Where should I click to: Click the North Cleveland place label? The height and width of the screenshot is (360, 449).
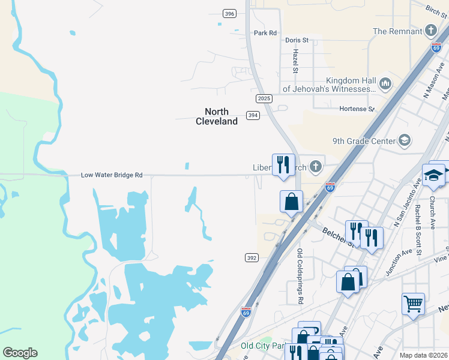pyautogui.click(x=217, y=116)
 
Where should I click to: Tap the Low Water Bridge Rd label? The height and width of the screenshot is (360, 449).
pyautogui.click(x=112, y=175)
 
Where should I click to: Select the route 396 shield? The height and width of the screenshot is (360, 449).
pyautogui.click(x=229, y=13)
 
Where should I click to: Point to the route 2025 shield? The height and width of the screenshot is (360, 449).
pyautogui.click(x=264, y=98)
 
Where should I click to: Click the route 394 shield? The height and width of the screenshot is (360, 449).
pyautogui.click(x=253, y=115)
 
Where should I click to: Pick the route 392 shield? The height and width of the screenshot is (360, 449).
pyautogui.click(x=252, y=257)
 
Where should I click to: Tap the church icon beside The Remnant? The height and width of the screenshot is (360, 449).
pyautogui.click(x=430, y=31)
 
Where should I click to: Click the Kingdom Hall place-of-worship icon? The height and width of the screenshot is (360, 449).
pyautogui.click(x=385, y=83)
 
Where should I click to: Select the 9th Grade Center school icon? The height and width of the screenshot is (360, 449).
pyautogui.click(x=405, y=141)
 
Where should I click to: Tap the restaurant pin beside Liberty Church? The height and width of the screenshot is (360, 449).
pyautogui.click(x=283, y=164)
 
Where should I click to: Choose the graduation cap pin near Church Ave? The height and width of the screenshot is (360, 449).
pyautogui.click(x=433, y=175)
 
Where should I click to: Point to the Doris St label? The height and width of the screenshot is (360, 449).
pyautogui.click(x=297, y=40)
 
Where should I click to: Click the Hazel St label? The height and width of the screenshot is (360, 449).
pyautogui.click(x=295, y=62)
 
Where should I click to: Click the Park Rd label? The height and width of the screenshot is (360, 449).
pyautogui.click(x=265, y=33)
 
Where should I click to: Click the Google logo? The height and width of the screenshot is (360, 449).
pyautogui.click(x=20, y=353)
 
